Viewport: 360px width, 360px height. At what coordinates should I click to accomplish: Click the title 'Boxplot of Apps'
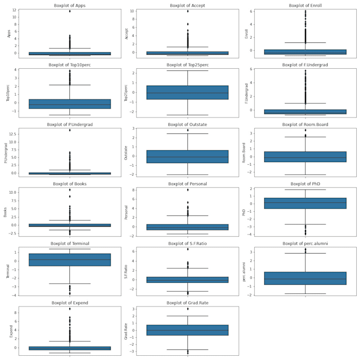point(70,5)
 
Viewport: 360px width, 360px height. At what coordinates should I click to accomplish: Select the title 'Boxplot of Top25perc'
point(187,65)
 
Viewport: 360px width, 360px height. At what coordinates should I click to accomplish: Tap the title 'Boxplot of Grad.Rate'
point(187,302)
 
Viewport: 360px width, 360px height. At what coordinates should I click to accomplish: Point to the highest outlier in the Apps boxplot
point(70,11)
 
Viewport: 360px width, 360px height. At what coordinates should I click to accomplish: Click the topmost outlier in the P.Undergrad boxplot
point(70,130)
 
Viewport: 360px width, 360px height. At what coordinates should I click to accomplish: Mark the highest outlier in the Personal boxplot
point(187,190)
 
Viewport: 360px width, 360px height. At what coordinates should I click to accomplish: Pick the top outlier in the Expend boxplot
point(70,309)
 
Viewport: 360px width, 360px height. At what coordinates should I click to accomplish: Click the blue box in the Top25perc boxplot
point(187,93)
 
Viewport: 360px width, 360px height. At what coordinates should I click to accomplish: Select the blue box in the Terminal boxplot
point(70,259)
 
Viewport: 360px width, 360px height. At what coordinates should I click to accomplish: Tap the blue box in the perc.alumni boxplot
point(305,278)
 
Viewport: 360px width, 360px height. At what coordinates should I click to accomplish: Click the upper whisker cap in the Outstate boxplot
point(187,133)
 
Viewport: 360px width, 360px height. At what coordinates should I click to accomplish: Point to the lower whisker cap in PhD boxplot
point(305,224)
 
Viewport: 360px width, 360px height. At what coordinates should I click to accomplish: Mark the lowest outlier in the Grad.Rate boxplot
point(187,353)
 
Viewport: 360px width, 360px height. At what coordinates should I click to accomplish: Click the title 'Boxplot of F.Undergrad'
point(305,65)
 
